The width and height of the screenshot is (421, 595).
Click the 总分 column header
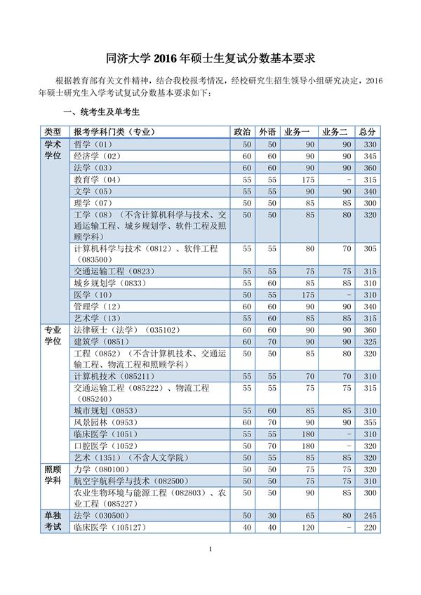[367, 132]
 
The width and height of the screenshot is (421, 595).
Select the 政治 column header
[241, 132]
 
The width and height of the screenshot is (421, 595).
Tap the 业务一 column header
[297, 132]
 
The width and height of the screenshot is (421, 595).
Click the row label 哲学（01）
[93, 144]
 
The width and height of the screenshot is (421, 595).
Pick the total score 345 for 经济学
[370, 156]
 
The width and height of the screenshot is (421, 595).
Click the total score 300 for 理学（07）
[370, 203]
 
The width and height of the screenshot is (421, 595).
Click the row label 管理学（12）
[98, 307]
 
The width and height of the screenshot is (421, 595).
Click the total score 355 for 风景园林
[370, 422]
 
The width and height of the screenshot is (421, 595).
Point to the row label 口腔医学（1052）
[106, 446]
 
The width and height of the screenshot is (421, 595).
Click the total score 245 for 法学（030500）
[370, 516]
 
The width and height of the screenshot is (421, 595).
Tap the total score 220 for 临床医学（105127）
[370, 528]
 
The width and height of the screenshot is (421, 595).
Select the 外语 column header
[267, 132]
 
